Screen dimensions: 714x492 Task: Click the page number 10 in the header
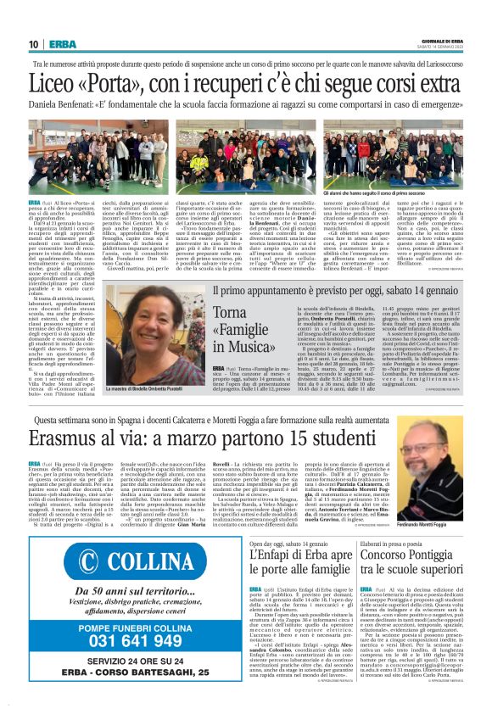point(33,45)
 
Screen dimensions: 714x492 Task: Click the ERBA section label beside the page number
point(62,45)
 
